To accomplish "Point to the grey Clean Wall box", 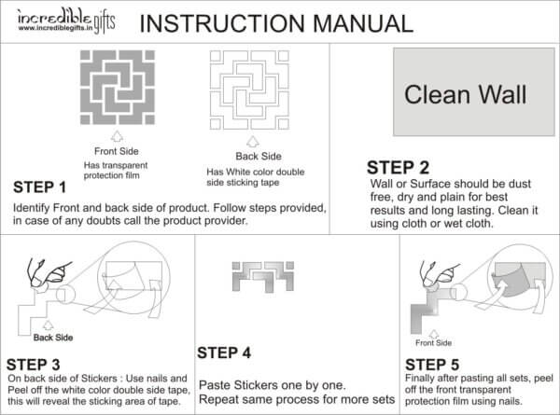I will coord(464,94).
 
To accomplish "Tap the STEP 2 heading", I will coord(398,168).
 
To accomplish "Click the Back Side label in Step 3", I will coord(52,338).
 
